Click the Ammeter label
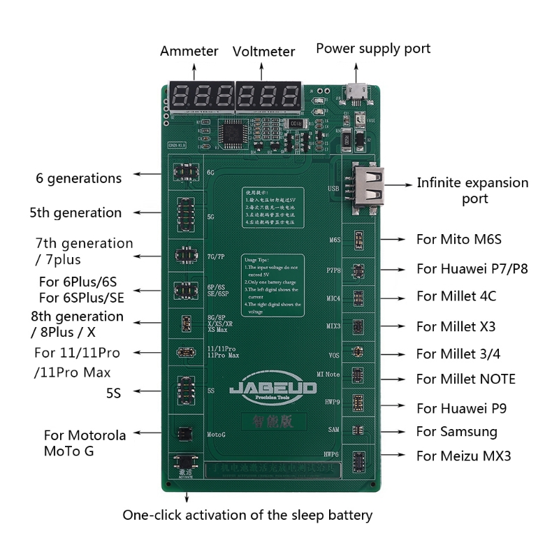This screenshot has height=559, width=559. [x=189, y=51]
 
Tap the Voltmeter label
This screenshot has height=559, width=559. [x=263, y=52]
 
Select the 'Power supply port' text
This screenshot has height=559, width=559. [x=373, y=48]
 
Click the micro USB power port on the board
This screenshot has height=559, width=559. [x=357, y=92]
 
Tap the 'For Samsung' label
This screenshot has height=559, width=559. [x=457, y=431]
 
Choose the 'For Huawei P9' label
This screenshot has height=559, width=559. [x=462, y=408]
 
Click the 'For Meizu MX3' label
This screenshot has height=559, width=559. [x=464, y=456]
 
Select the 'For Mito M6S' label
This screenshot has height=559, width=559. [x=459, y=239]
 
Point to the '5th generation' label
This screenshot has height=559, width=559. [x=75, y=212]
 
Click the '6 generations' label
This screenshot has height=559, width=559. [x=79, y=178]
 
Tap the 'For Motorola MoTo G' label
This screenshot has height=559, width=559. [x=85, y=443]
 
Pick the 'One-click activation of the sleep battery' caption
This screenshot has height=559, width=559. [x=247, y=516]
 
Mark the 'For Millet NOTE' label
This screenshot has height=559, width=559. [x=466, y=379]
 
